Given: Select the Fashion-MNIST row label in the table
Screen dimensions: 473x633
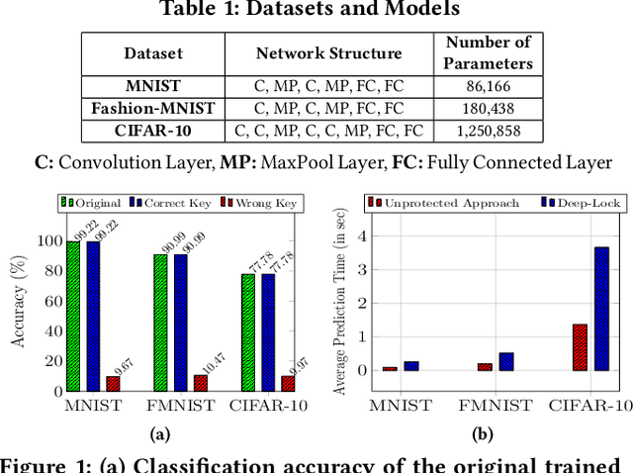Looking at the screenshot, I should [x=152, y=108].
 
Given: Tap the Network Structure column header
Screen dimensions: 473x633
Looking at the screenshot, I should [x=329, y=53].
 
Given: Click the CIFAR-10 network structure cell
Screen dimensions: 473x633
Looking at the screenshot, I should [x=329, y=130].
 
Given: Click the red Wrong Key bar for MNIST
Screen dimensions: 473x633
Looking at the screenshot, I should [x=113, y=383].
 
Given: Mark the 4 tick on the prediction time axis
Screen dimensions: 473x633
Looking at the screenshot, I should [x=363, y=236].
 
